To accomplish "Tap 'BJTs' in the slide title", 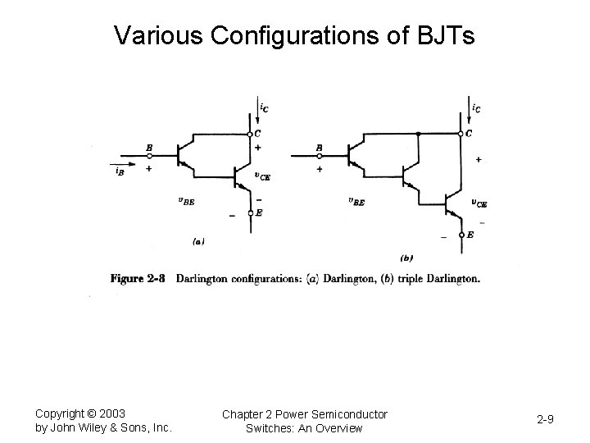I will pos(444,35).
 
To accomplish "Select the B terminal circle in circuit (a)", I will pos(149,155).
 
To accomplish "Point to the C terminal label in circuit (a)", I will pos(258,135).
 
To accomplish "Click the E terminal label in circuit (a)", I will pos(259,212).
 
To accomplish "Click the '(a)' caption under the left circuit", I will pos(197,241).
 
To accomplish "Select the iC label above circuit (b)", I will pos(476,107).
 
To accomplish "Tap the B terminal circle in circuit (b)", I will pos(319,155).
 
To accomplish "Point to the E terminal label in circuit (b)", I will pos(470,235).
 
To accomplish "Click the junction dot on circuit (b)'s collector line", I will pos(419,134).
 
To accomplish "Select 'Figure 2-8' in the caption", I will pos(138,278).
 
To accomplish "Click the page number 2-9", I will pos(545,420).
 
